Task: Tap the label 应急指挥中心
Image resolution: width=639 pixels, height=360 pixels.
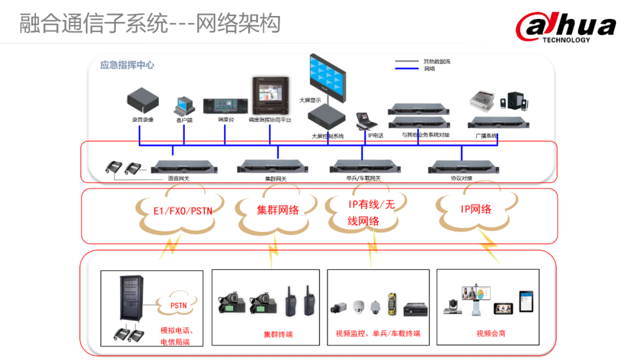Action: pyautogui.click(x=127, y=65)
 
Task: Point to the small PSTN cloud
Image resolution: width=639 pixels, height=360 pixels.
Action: pyautogui.click(x=178, y=306)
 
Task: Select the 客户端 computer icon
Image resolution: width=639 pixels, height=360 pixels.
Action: pyautogui.click(x=183, y=106)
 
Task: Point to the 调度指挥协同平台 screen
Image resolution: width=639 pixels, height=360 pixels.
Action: pyautogui.click(x=269, y=95)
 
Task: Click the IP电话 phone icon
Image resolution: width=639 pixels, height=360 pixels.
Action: pyautogui.click(x=366, y=121)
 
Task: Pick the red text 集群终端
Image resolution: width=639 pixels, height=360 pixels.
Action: pyautogui.click(x=278, y=335)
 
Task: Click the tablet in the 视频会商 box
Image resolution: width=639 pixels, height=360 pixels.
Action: pyautogui.click(x=526, y=301)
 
